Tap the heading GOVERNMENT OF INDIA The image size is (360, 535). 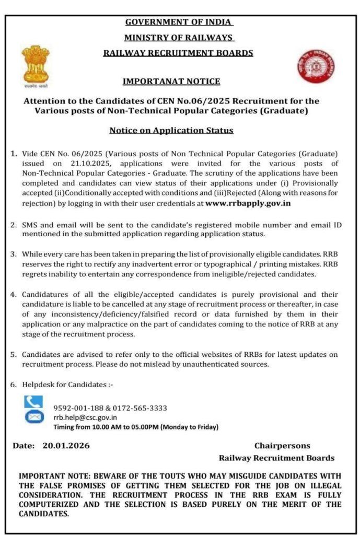[x=179, y=22]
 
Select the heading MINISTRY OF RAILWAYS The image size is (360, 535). [x=179, y=38]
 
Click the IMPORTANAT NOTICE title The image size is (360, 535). [x=171, y=82]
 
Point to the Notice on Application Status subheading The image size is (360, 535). [x=171, y=130]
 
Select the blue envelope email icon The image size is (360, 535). [x=33, y=417]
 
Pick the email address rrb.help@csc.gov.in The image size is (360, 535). [x=85, y=417]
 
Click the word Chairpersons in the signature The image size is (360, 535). [x=282, y=446]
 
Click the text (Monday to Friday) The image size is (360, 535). [x=190, y=427]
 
